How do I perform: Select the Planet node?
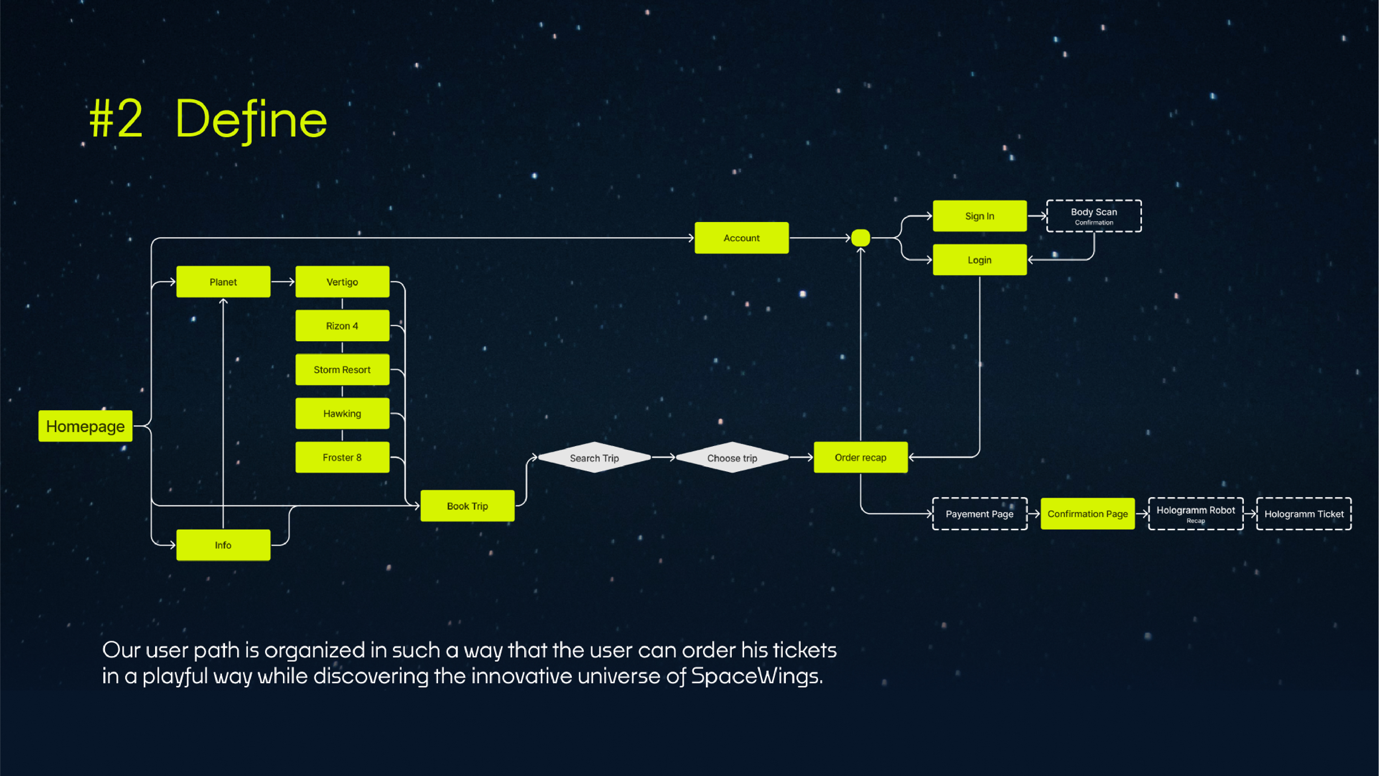(223, 282)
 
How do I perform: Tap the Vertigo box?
(342, 282)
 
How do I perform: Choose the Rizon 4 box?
(342, 325)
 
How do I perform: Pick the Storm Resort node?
(342, 370)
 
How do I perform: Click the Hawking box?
(342, 414)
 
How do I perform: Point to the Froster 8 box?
(342, 457)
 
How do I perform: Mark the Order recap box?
(860, 457)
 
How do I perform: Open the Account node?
(742, 238)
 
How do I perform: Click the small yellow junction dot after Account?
(860, 238)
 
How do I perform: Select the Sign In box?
(980, 216)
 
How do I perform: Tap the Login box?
(980, 260)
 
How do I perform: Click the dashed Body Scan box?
(1094, 216)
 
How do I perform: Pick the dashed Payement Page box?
(980, 514)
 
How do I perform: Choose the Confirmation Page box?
(1087, 514)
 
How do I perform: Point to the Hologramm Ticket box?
(1304, 514)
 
